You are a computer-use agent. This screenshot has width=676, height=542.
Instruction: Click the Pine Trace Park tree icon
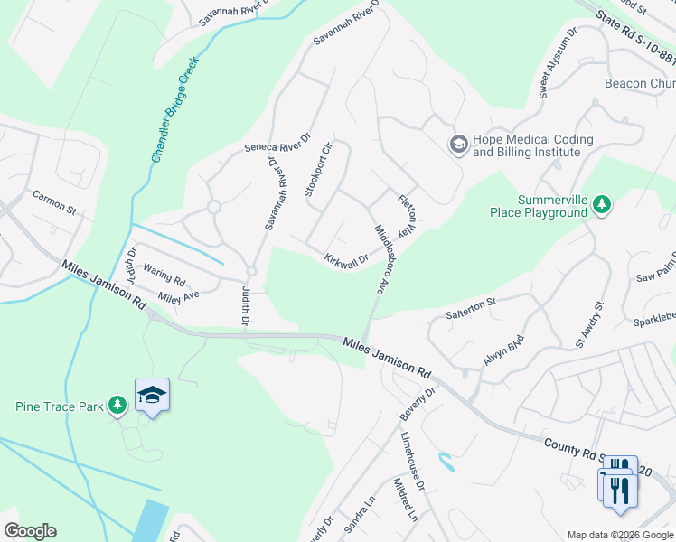(117, 406)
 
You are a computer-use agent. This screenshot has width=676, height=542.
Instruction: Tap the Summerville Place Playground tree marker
(602, 206)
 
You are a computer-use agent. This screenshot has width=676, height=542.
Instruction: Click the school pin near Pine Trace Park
(153, 395)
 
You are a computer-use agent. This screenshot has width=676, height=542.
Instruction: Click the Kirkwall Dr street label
(347, 259)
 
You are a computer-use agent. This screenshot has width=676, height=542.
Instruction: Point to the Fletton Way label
(406, 216)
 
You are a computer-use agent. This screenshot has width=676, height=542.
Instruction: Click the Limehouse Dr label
(412, 461)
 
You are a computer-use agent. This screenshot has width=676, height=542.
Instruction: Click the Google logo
(30, 531)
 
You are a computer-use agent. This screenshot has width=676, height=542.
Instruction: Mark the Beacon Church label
(639, 84)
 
